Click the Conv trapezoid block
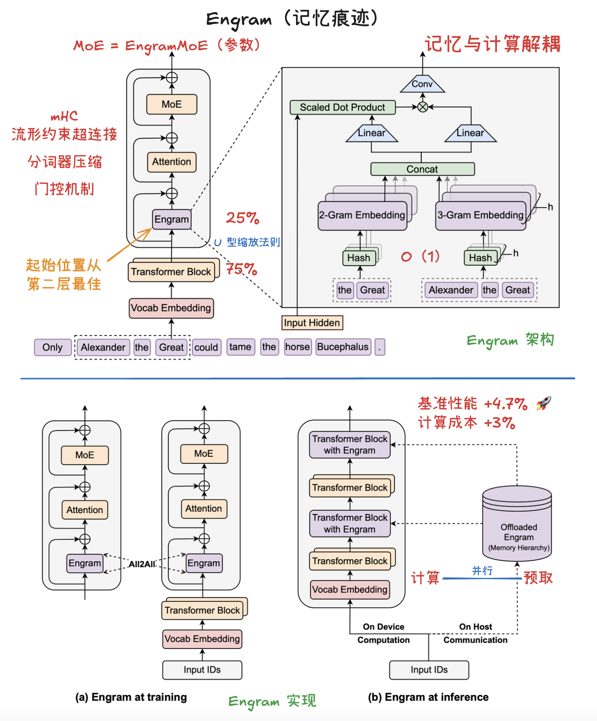(x=422, y=84)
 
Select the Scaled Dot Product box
(x=342, y=107)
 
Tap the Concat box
(x=422, y=169)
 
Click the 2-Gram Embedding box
(x=362, y=215)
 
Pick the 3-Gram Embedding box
(x=480, y=215)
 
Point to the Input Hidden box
(x=312, y=323)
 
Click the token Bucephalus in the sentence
(x=343, y=347)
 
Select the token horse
(x=297, y=347)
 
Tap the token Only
(x=52, y=347)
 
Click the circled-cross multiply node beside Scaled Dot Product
(x=422, y=107)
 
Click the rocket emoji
(x=543, y=403)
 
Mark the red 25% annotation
(x=243, y=218)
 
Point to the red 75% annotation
(x=242, y=269)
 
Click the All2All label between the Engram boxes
(x=142, y=564)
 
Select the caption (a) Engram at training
(x=131, y=697)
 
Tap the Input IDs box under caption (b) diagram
(x=429, y=670)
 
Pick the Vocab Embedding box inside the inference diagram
(x=350, y=589)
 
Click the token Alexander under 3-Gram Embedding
(x=451, y=290)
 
